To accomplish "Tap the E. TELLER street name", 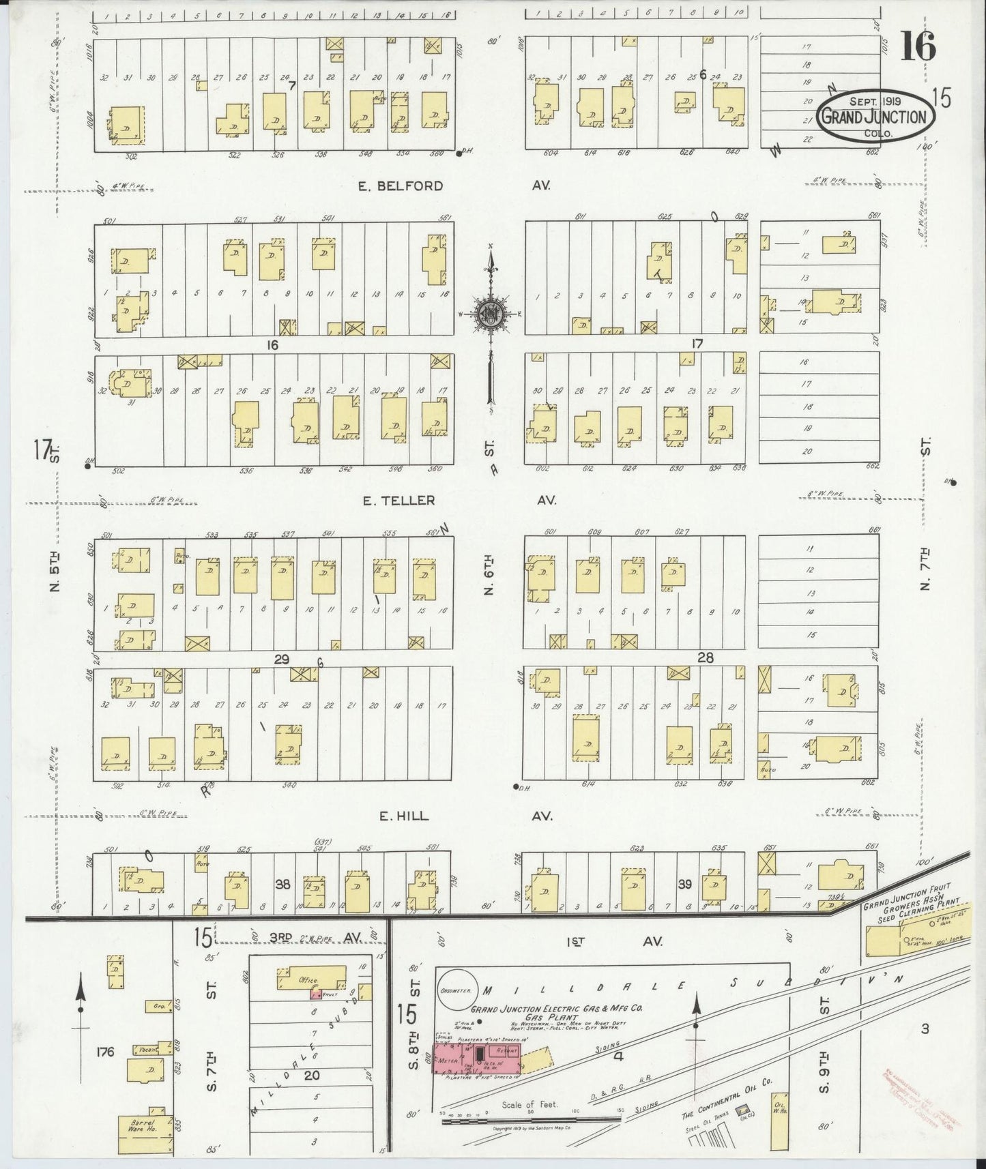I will (398, 501).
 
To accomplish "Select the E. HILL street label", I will (404, 816).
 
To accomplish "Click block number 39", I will (684, 884).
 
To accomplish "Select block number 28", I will (705, 657).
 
